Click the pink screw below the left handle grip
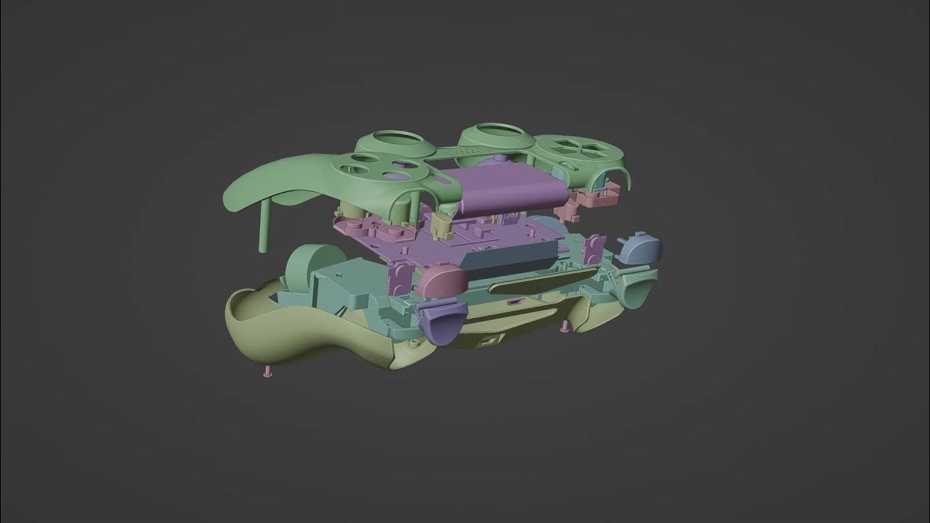(x=267, y=372)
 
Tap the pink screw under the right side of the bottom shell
(x=564, y=328)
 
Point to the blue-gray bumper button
(x=640, y=249)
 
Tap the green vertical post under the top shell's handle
(x=264, y=224)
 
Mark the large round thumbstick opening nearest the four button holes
(x=397, y=139)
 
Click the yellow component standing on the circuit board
(x=441, y=225)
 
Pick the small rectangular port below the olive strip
(x=514, y=301)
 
